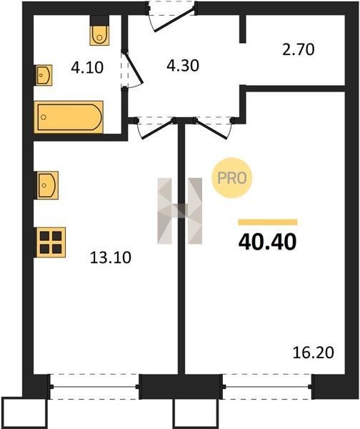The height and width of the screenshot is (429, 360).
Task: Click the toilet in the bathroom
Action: [99, 35]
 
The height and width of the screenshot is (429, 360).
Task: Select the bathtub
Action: [69, 117]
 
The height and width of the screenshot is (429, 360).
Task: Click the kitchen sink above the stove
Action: [46, 185]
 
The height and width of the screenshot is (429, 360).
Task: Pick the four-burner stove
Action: [50, 242]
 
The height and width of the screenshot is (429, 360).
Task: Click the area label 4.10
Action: [87, 68]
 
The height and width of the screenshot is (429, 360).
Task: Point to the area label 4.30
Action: [183, 66]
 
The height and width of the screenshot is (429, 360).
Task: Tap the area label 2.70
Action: [299, 50]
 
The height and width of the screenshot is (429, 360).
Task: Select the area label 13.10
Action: [111, 257]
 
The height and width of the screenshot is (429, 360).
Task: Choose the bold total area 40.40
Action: [267, 242]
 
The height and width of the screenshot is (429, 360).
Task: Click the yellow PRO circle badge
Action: [232, 178]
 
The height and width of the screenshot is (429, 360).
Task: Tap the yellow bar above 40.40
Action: [268, 222]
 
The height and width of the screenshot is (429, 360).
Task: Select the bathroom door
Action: [131, 70]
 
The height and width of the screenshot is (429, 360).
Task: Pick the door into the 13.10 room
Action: [155, 128]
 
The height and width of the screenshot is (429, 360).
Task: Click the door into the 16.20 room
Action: [214, 128]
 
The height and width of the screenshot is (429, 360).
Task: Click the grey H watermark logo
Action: [179, 211]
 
